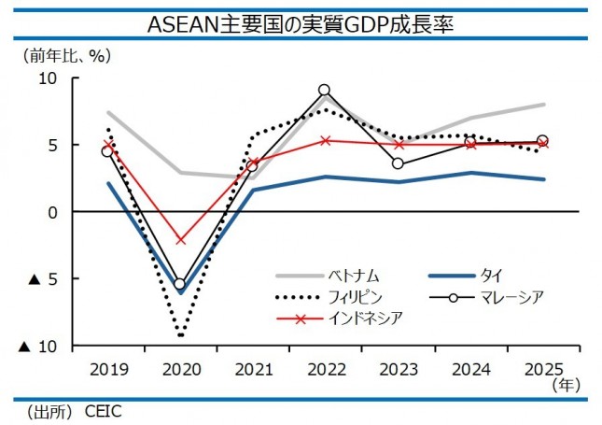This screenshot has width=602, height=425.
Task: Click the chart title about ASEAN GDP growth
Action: tap(301, 22)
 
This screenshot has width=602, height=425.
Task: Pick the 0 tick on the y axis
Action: tap(53, 212)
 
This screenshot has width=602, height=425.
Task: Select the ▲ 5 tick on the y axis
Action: tap(40, 279)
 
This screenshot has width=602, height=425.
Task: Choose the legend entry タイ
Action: tap(492, 276)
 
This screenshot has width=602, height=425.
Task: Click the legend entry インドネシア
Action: tap(366, 319)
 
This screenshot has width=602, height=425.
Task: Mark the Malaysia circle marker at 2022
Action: tap(324, 91)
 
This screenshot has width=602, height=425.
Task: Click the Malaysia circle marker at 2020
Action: tap(180, 284)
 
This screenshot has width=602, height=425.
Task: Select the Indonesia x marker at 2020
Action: tap(180, 240)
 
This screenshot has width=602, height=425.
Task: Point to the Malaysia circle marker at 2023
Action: tap(398, 163)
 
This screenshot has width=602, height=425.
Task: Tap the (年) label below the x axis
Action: tap(566, 383)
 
